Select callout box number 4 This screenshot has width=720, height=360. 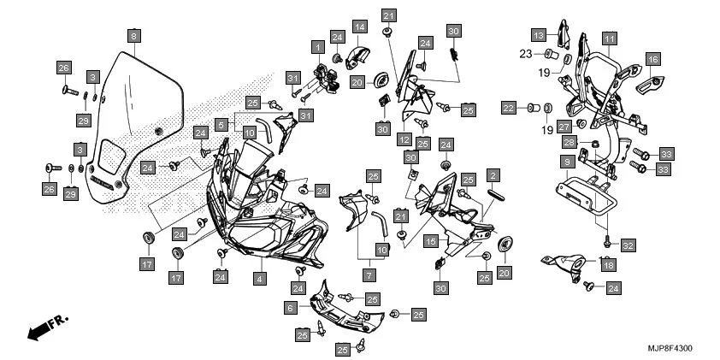[257, 278]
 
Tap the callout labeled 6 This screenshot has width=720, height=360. [290, 306]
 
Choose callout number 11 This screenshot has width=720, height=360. [608, 38]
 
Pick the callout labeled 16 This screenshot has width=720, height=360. [652, 59]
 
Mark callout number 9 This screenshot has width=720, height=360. [567, 162]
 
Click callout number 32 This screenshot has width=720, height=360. [628, 246]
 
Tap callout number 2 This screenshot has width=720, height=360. [493, 175]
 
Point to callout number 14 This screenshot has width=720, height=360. [360, 27]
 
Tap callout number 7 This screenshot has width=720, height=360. [370, 276]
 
